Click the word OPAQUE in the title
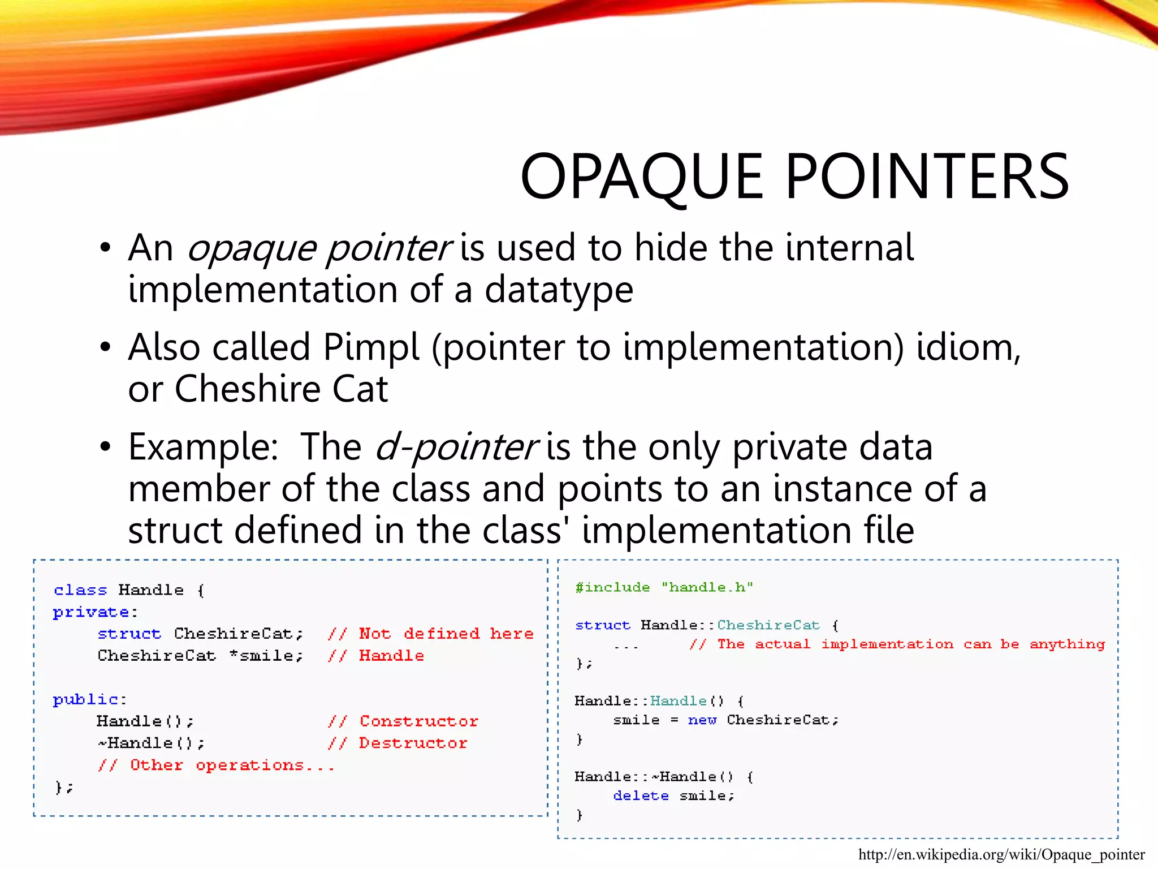pos(642,177)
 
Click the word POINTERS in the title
pos(927,177)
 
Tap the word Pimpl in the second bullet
pos(371,347)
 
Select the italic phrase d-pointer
pos(456,447)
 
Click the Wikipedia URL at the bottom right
pos(1001,854)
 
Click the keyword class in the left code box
pos(80,590)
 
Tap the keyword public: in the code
pos(89,700)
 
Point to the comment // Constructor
pos(403,721)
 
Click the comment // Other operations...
pos(216,765)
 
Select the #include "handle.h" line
pos(664,587)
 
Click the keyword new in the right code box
pos(702,720)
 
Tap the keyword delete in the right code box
pos(641,796)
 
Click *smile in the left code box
pos(265,656)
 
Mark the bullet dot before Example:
pos(105,447)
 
